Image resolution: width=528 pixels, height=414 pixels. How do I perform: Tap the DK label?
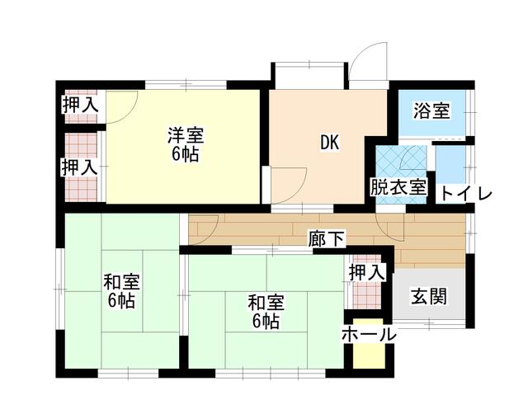(x=330, y=142)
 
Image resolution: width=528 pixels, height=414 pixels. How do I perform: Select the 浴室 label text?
(x=431, y=111)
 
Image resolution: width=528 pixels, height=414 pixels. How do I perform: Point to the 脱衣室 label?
(x=398, y=187)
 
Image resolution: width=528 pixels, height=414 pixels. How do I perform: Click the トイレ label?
(x=465, y=194)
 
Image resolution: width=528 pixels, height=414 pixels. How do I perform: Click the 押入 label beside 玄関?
(x=366, y=271)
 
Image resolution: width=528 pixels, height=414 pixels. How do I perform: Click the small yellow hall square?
(x=368, y=355)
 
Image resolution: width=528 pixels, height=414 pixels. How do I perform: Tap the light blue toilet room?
(x=450, y=165)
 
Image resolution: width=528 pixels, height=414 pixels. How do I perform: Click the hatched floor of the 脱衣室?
(x=399, y=160)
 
